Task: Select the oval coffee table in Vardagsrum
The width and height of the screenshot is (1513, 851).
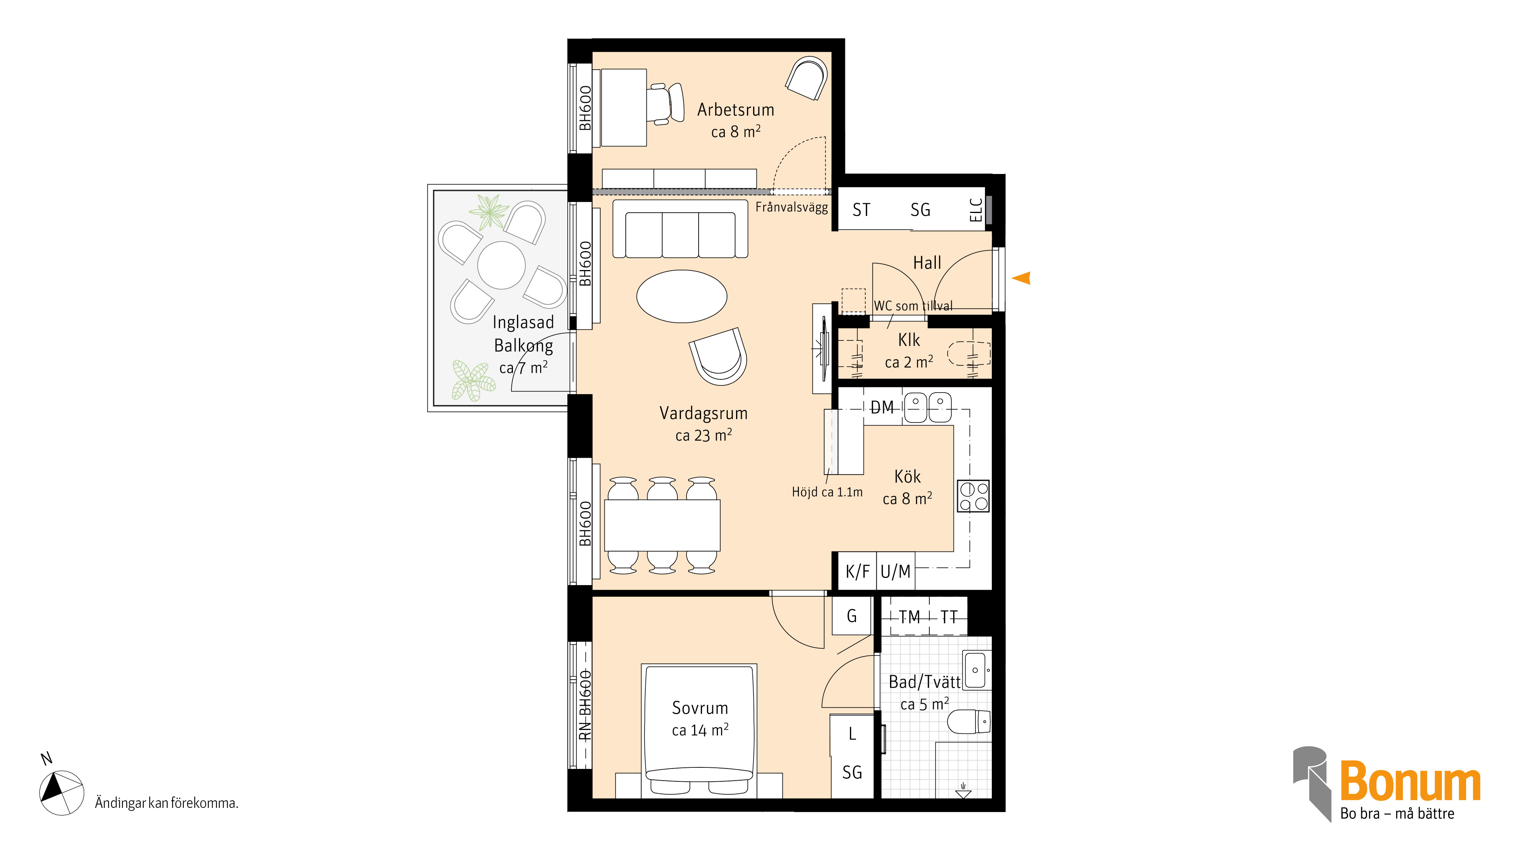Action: (x=682, y=297)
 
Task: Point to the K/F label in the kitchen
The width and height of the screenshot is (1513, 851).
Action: (x=857, y=571)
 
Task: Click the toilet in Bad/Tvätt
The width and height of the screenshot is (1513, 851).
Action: (x=969, y=722)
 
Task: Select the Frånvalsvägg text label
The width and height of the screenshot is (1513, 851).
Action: (x=791, y=207)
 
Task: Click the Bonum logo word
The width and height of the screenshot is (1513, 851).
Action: (x=1410, y=782)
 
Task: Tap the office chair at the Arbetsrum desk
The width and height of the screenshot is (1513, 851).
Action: (x=666, y=104)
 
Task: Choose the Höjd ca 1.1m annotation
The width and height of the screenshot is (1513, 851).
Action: (x=827, y=492)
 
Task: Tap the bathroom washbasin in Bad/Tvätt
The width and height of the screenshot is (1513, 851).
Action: (x=976, y=669)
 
